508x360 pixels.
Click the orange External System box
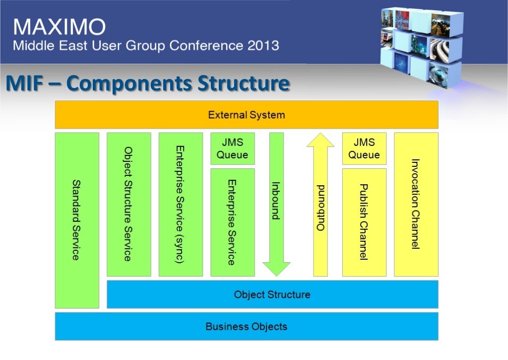(247, 115)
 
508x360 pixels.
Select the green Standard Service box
(77, 220)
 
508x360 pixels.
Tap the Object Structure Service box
(128, 204)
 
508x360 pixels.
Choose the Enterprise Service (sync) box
(181, 204)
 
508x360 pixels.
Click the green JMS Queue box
(232, 148)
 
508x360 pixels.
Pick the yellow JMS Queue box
(364, 148)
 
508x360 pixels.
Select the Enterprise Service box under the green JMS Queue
(232, 222)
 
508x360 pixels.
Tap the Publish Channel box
(364, 222)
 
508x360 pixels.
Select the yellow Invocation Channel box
(416, 204)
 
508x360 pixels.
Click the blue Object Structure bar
(272, 294)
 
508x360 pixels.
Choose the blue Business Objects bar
(247, 327)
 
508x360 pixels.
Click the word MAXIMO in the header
(59, 26)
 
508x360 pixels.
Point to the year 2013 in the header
(261, 46)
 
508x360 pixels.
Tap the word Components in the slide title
(129, 83)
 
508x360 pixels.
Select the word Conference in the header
(205, 46)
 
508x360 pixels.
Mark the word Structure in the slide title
(243, 83)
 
